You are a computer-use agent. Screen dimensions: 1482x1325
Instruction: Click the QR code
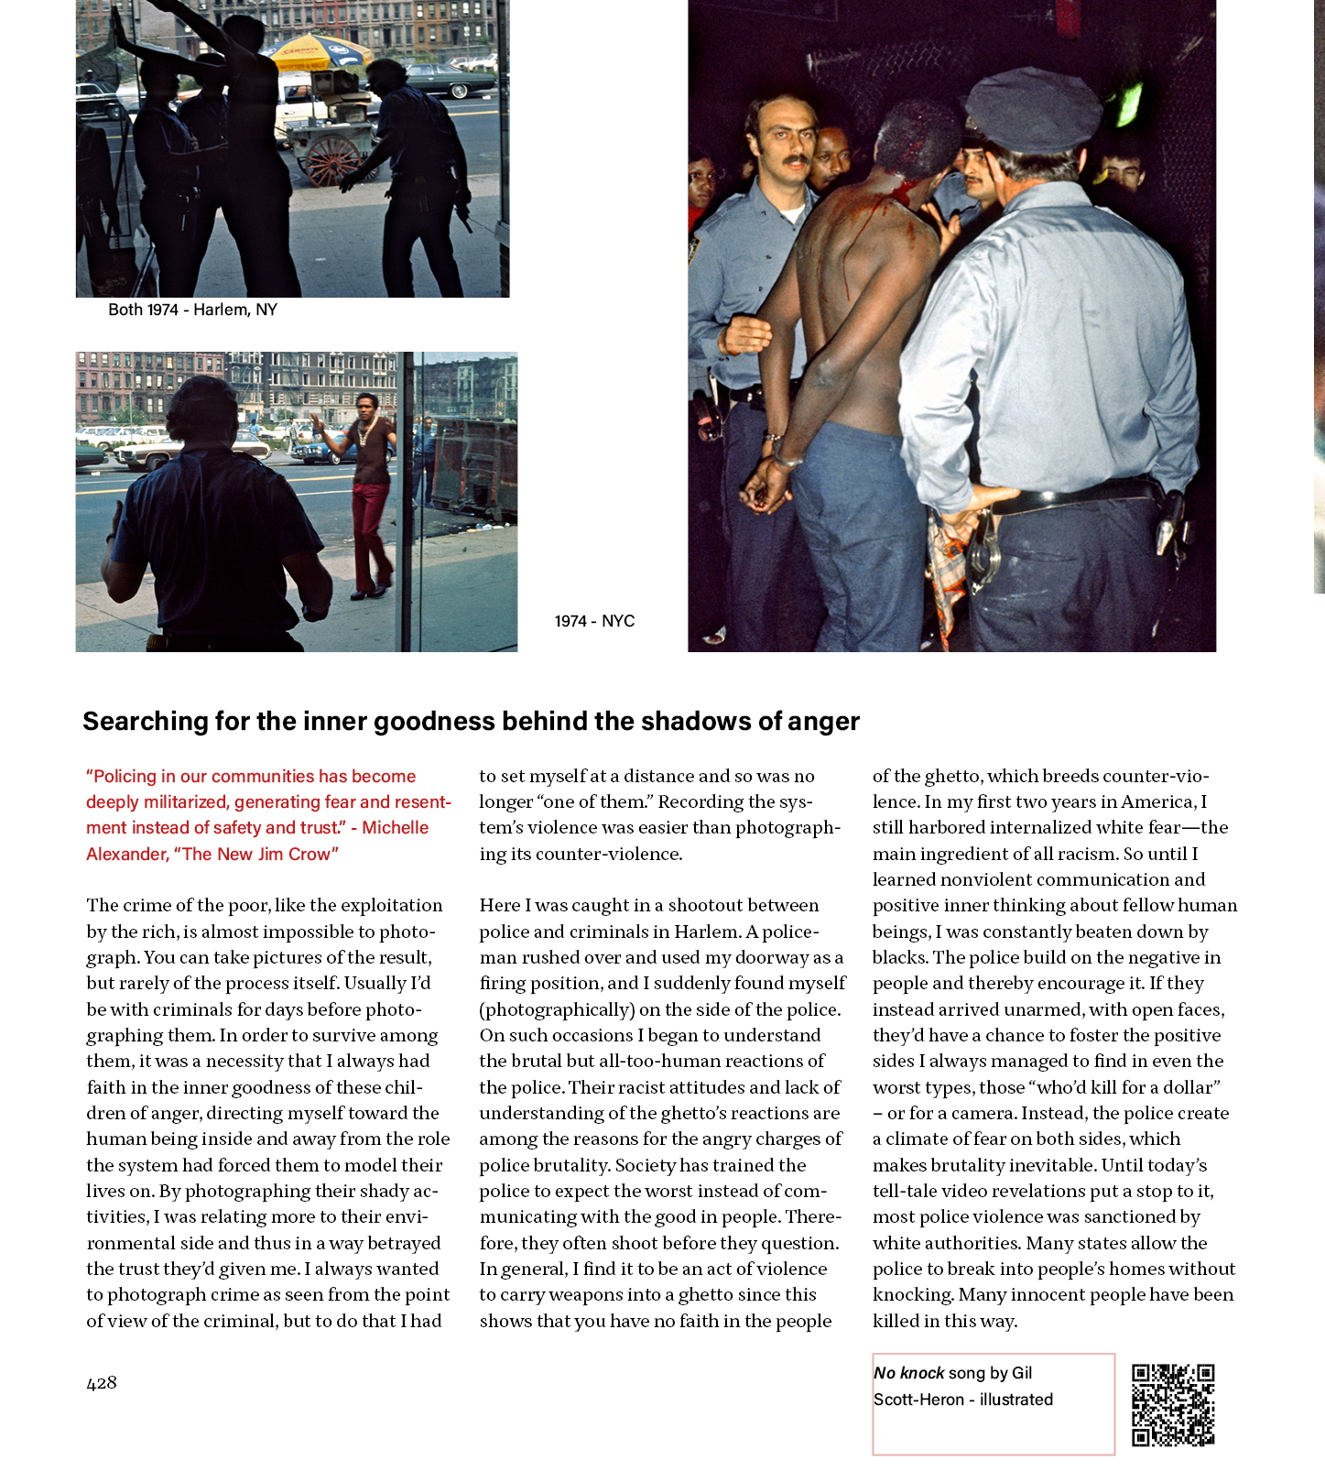[x=1173, y=1404]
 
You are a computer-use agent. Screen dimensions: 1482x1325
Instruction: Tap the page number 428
[x=102, y=1383]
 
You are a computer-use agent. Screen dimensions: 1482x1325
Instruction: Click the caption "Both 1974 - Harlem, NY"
[x=192, y=310]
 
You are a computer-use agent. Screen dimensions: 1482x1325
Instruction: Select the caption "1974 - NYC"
[x=594, y=621]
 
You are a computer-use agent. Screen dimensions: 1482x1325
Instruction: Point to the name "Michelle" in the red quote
[x=395, y=828]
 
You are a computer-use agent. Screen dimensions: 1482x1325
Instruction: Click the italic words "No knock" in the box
[x=908, y=1373]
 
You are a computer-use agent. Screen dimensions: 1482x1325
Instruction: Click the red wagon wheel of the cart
[x=334, y=160]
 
